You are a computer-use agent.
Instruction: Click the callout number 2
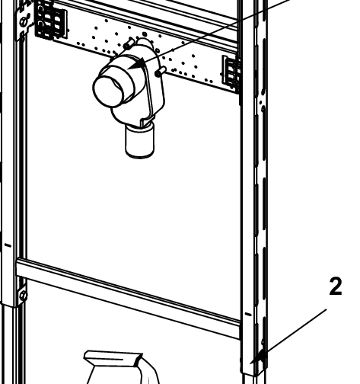(334, 286)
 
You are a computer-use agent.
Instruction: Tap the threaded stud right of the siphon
(161, 72)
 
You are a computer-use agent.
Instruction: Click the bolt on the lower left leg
(23, 294)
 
